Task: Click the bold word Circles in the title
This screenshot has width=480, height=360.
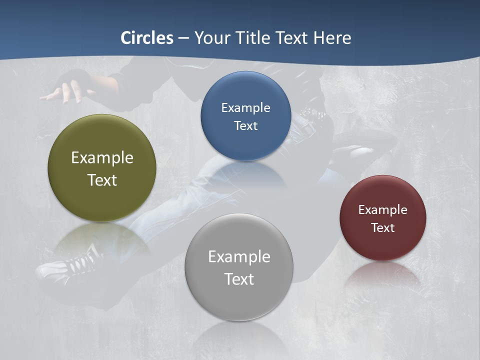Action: tap(146, 38)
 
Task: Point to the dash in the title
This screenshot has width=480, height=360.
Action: tap(183, 38)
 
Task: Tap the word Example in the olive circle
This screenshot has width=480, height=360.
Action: tap(102, 158)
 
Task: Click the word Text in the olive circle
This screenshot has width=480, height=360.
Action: tap(102, 180)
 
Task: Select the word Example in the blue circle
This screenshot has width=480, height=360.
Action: tap(245, 108)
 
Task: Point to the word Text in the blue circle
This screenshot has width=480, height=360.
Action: tap(245, 125)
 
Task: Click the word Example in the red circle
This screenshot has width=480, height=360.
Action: tap(382, 210)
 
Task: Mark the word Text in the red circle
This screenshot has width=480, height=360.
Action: tap(382, 228)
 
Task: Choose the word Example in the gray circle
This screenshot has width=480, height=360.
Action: tap(238, 257)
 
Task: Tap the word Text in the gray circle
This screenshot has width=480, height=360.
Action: tap(238, 279)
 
